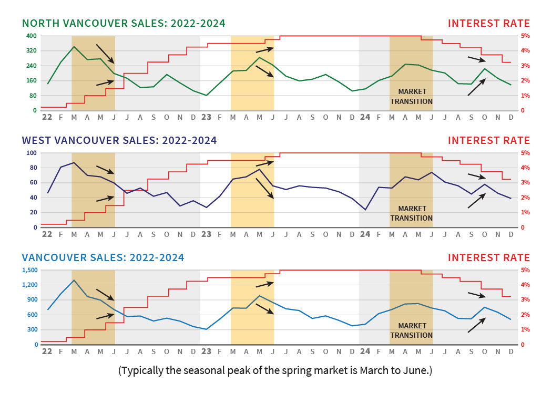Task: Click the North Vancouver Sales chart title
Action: (124, 23)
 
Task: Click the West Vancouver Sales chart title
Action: (119, 140)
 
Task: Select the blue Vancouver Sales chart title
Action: (103, 257)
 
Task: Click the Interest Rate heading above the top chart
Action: (489, 23)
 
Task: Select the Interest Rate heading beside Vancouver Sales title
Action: (489, 257)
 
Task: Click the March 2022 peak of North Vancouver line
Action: (74, 47)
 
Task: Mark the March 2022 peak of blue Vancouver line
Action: (74, 280)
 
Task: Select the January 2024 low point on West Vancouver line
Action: (365, 210)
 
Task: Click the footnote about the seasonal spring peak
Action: (275, 370)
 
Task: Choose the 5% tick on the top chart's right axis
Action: (525, 36)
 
